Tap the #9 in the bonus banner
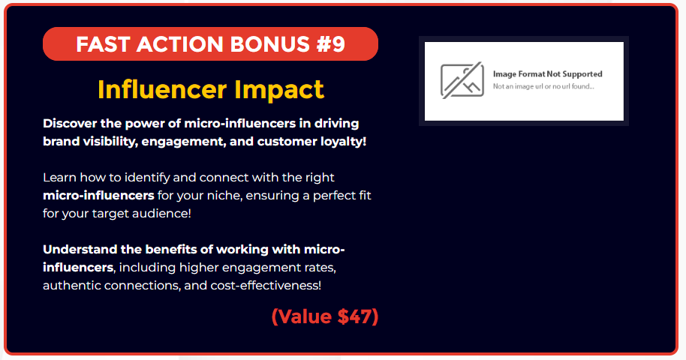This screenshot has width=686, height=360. pyautogui.click(x=331, y=44)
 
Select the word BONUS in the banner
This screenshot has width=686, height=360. pyautogui.click(x=270, y=44)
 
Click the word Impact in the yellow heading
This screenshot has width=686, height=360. pyautogui.click(x=279, y=90)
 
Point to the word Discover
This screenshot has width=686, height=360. pyautogui.click(x=70, y=123)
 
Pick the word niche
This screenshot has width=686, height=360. pyautogui.click(x=224, y=196)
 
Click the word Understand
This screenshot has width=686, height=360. pyautogui.click(x=80, y=249)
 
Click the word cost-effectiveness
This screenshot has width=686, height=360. pyautogui.click(x=266, y=285)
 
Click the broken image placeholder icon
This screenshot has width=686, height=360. pyautogui.click(x=462, y=80)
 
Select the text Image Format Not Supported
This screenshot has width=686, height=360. pyautogui.click(x=548, y=74)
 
